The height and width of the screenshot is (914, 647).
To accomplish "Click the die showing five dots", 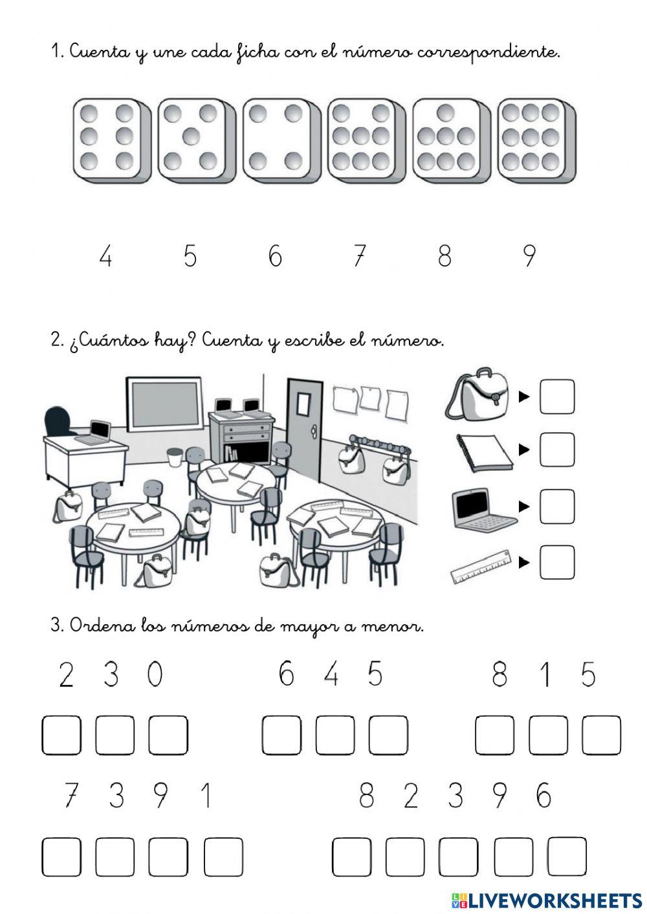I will pyautogui.click(x=189, y=137).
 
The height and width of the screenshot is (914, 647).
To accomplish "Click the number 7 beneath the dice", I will pyautogui.click(x=359, y=256).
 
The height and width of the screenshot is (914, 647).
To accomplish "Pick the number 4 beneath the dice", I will pyautogui.click(x=105, y=257).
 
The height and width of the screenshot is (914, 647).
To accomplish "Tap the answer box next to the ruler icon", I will pyautogui.click(x=556, y=561).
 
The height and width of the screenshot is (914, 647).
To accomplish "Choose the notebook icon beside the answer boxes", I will pyautogui.click(x=484, y=453).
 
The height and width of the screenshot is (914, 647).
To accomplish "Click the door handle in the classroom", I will pyautogui.click(x=314, y=430).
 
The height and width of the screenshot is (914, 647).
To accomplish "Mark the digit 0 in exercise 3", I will pyautogui.click(x=155, y=675).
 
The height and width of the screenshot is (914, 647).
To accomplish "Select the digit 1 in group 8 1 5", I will pyautogui.click(x=545, y=675).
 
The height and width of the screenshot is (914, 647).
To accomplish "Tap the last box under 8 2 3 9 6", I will pyautogui.click(x=567, y=856).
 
